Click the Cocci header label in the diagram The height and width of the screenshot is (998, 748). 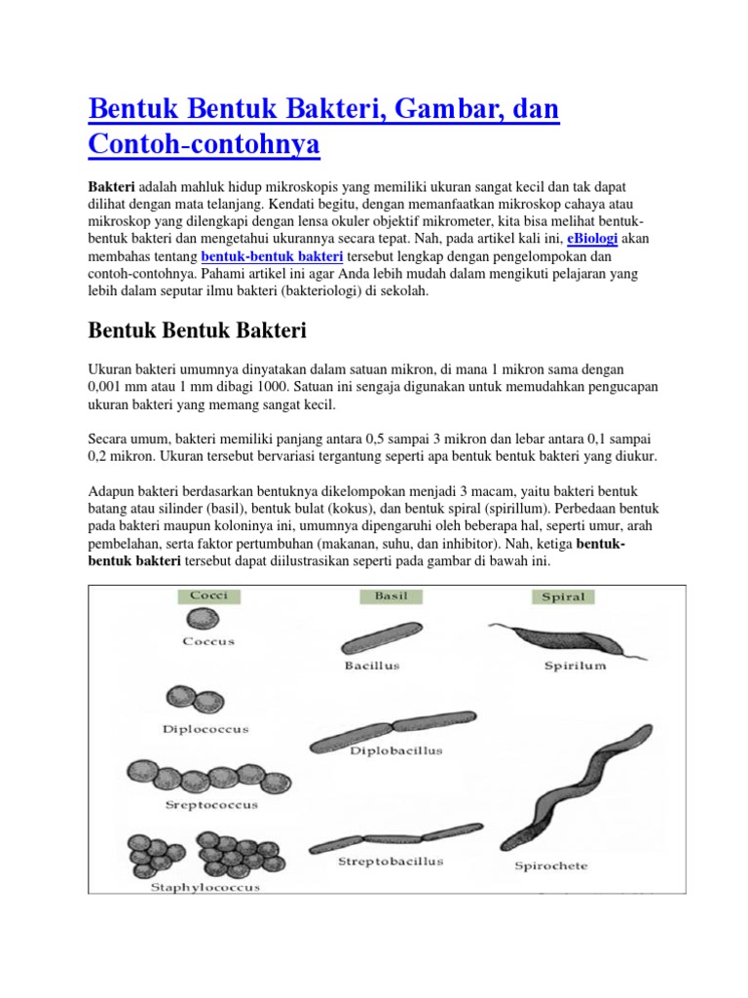click(x=208, y=595)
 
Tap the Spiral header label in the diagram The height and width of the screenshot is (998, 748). click(x=563, y=596)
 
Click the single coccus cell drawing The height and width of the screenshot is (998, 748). click(x=201, y=620)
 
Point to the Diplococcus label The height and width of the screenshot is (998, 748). click(x=207, y=728)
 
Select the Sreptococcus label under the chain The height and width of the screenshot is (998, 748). click(x=210, y=805)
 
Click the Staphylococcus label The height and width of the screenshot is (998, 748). click(x=206, y=887)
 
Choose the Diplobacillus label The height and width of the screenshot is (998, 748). click(x=396, y=750)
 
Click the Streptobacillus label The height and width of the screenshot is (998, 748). click(x=391, y=862)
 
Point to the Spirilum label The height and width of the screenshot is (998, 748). click(x=575, y=667)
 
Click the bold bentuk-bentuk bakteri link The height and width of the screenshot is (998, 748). click(x=272, y=256)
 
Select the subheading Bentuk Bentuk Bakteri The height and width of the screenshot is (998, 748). click(x=198, y=330)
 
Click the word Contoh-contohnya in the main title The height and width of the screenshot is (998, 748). click(x=204, y=144)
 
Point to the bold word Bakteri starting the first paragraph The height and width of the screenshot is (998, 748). click(x=111, y=186)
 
